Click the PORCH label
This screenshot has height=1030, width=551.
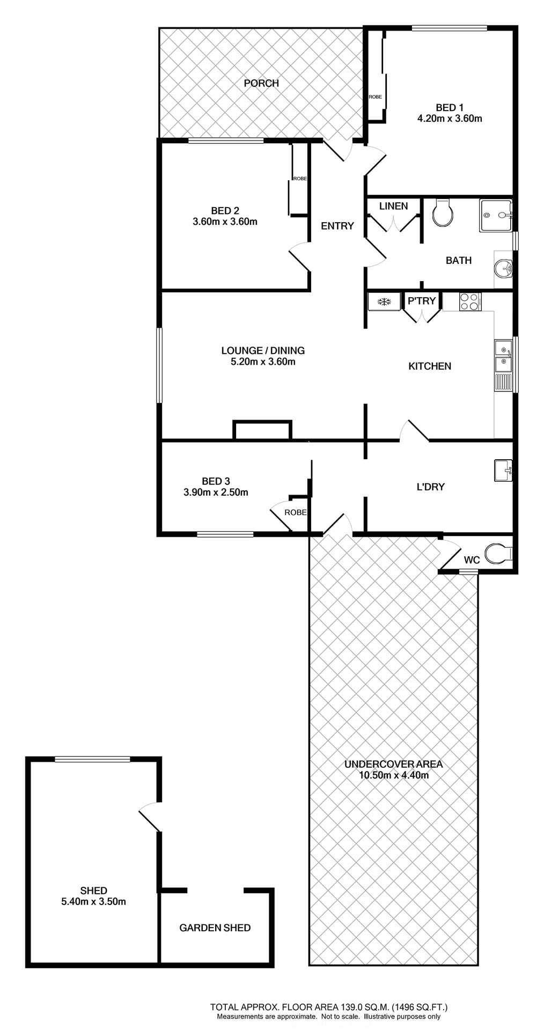pos(261,83)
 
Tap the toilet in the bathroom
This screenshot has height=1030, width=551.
pos(443,213)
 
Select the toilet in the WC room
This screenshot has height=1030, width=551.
pos(497,553)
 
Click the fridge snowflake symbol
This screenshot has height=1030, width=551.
pos(384,301)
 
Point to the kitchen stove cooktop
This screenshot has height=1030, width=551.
pos(470,301)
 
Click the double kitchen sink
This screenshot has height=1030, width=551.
pos(503,356)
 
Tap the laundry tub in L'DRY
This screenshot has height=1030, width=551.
pos(503,470)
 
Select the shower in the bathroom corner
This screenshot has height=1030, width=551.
pos(496,215)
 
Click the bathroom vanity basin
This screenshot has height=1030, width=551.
pos(503,267)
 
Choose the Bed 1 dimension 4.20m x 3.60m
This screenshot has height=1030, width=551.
pos(450,119)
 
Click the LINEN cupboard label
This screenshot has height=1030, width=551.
pos(393,206)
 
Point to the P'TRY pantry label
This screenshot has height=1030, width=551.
pos(422,301)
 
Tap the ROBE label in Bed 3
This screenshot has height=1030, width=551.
pos(296,512)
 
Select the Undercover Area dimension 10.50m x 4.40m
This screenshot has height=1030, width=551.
pos(393,775)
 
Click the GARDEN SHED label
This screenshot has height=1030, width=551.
pos(215,928)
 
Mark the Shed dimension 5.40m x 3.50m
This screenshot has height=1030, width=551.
pos(93,901)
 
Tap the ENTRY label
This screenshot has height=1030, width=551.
pos(337,226)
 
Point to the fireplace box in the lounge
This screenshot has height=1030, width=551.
pos(262,430)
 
